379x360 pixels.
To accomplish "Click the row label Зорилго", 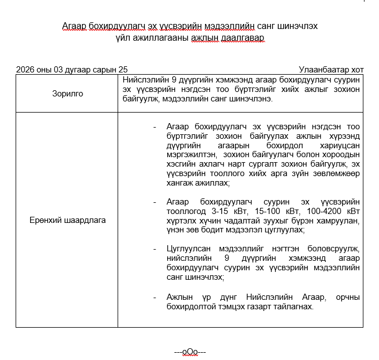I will tap(67, 94).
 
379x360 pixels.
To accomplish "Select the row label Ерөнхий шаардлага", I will tap(67, 220).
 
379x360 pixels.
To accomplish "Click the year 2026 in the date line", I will tap(25, 70).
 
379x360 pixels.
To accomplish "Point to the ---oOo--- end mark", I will tap(190, 352).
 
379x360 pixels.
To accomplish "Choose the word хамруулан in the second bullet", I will tap(339, 221).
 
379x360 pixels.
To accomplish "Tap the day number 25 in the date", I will tap(123, 70).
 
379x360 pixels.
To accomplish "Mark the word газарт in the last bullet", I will tap(268, 307).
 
